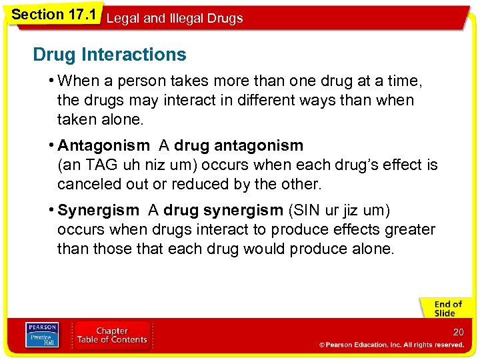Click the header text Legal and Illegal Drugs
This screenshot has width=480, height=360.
(x=175, y=19)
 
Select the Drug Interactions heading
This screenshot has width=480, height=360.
(x=109, y=55)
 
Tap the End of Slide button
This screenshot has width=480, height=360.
(x=445, y=309)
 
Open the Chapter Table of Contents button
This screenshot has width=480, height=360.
(x=111, y=335)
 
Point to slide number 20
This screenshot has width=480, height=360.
(x=458, y=332)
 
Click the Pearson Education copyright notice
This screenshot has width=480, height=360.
(x=391, y=345)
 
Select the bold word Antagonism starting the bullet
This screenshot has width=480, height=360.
(x=104, y=145)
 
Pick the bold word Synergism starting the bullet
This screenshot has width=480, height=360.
(x=99, y=211)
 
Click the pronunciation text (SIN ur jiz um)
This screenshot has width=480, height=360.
(x=339, y=211)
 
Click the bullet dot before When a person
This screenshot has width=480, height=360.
(x=51, y=81)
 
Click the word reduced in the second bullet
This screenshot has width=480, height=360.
(x=181, y=184)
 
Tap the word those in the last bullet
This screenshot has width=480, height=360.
(x=113, y=249)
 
